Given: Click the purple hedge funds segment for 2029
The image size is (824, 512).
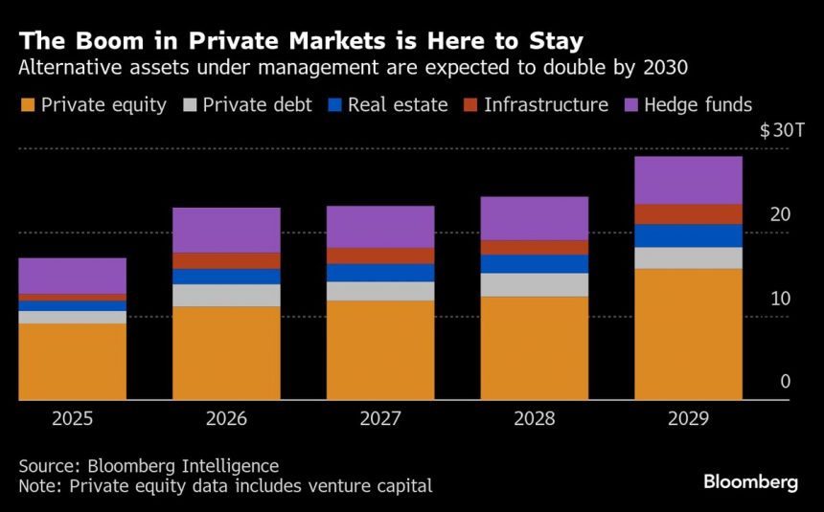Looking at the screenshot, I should [688, 180].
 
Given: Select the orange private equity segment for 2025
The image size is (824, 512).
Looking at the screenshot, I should [73, 361].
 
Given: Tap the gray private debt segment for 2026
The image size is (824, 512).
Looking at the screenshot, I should [226, 295].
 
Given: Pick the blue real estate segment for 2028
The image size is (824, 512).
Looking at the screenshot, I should [534, 263].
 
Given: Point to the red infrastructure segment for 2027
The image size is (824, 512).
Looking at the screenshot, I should [380, 256].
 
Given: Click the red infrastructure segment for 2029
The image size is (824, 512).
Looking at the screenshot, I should [688, 213].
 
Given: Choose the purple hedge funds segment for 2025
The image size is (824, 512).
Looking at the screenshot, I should [73, 276].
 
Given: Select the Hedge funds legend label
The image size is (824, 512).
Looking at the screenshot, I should [698, 105].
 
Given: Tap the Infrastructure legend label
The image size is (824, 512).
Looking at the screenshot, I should [546, 105].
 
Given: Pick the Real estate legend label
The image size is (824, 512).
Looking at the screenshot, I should [398, 105].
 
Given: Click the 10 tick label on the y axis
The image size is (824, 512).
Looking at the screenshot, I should [780, 299].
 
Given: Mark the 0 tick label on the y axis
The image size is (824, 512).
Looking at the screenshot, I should [785, 382].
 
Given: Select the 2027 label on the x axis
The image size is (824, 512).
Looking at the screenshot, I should [380, 419].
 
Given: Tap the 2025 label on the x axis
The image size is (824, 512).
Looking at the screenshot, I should [73, 419].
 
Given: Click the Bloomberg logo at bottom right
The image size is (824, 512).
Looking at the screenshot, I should [750, 482].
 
